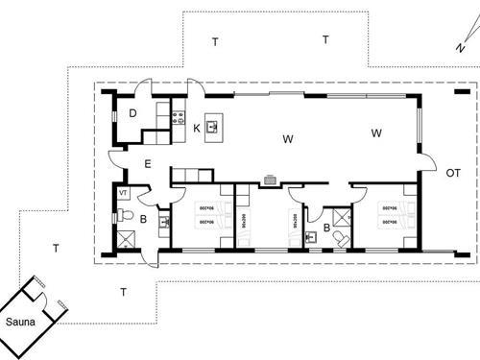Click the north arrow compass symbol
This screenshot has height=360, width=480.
coord(462,44)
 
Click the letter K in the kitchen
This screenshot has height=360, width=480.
coord(196,128)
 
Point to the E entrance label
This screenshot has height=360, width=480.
coord(148,164)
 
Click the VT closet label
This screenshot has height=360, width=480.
coord(123,194)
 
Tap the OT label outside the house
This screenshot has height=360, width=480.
coord(452,173)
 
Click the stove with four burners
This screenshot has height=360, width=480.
coord(177,118)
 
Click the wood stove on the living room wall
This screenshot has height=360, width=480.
coord(271,180)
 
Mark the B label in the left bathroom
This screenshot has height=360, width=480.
coord(143,220)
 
